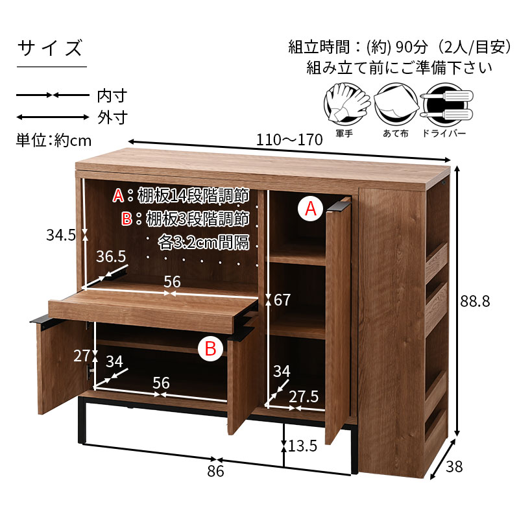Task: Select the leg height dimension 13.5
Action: pos(303,446)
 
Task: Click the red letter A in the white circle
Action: pos(311,209)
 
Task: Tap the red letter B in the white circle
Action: pos(210,348)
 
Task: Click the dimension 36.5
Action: pos(111,257)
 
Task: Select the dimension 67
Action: pos(282,300)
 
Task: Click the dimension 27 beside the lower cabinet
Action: pos(82,356)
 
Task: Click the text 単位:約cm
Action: pos(54,139)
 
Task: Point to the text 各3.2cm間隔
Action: pos(204,243)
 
